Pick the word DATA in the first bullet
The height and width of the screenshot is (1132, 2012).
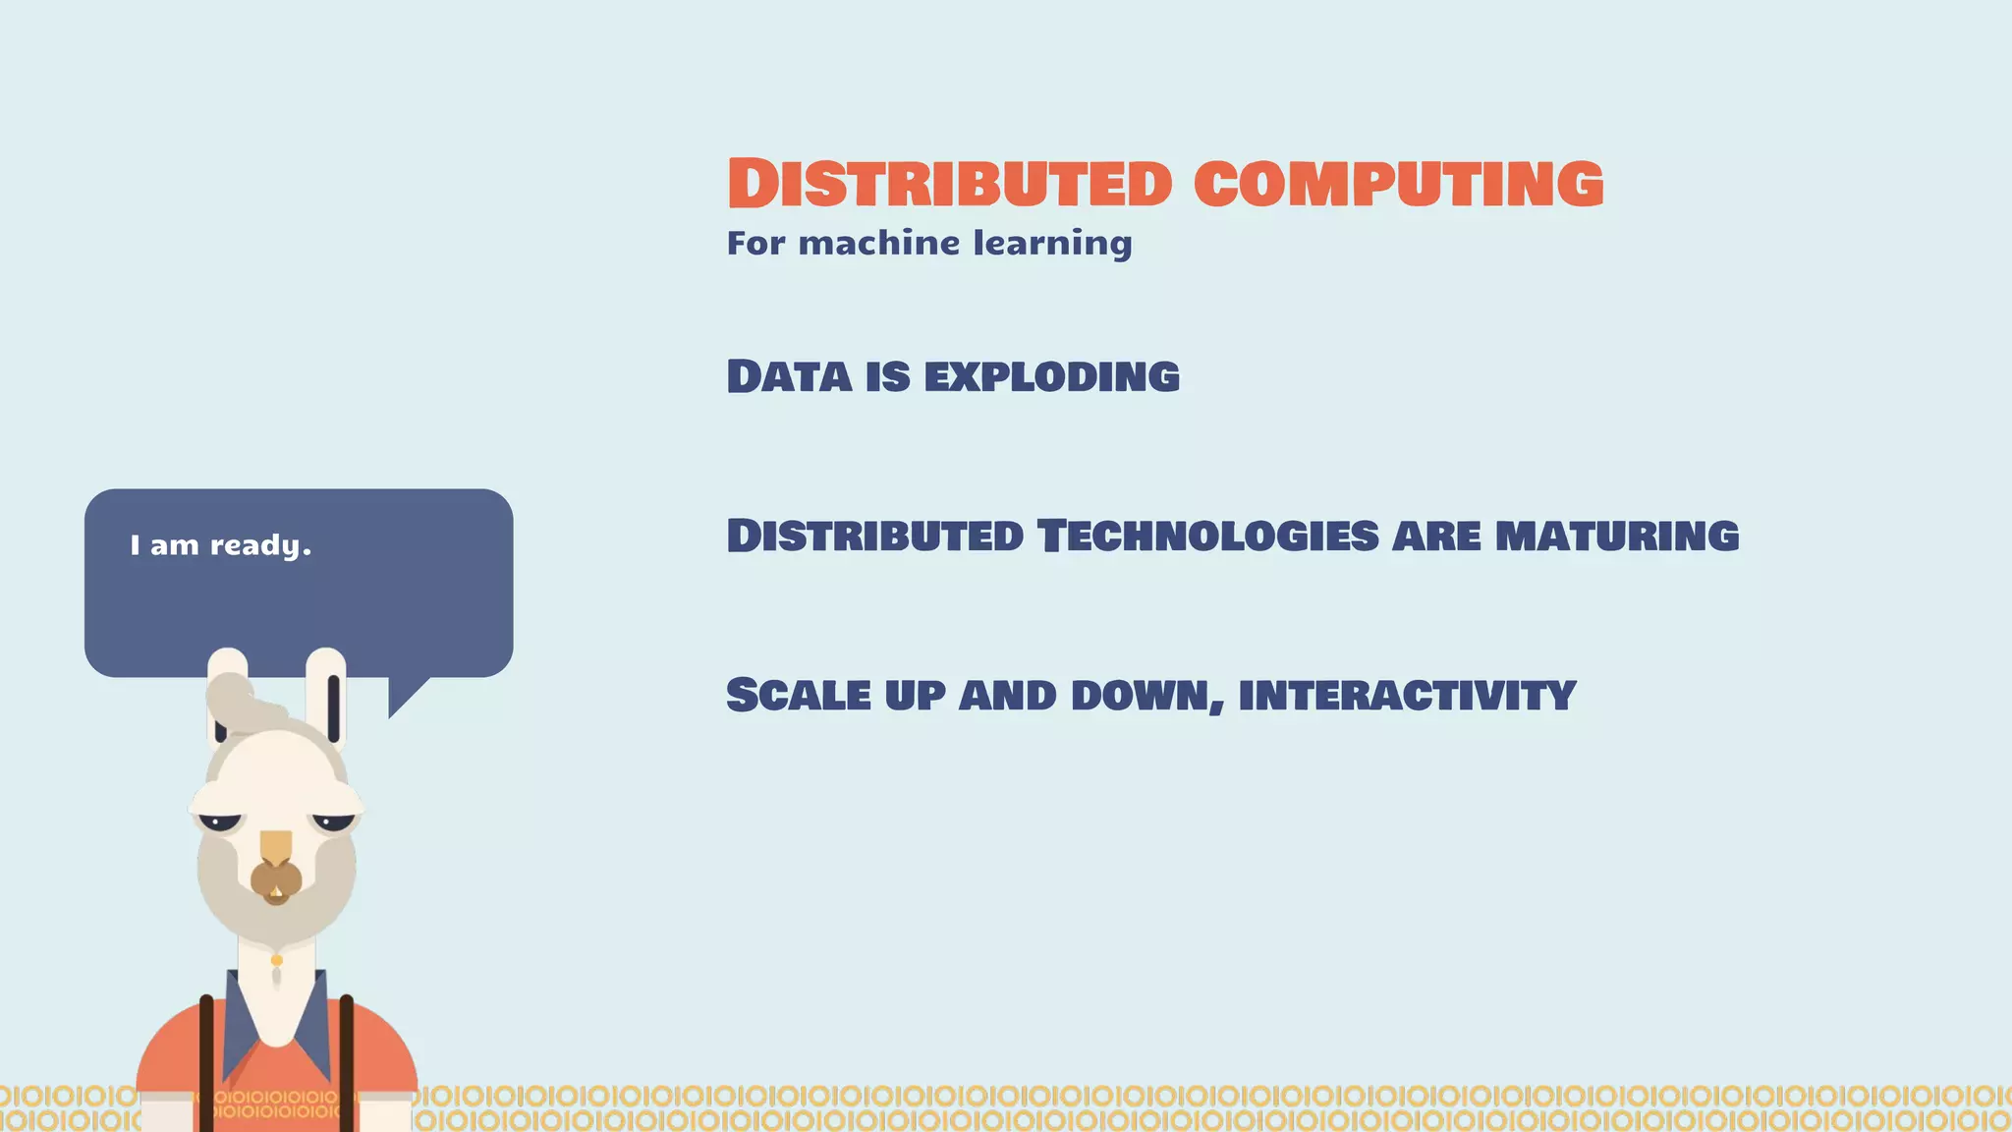coord(789,377)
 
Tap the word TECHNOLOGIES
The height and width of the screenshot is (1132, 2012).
coord(1208,537)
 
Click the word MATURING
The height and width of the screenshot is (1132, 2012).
coord(1616,537)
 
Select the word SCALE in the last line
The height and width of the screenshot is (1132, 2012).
coord(798,696)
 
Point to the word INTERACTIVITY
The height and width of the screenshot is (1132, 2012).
coord(1407,696)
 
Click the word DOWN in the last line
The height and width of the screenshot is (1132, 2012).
coord(1146,696)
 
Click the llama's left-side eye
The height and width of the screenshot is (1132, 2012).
coord(221,821)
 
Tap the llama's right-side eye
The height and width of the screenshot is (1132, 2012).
coord(333,821)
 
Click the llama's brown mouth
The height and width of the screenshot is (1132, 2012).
coord(276,880)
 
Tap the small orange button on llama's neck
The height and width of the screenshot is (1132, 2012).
coord(277,960)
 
